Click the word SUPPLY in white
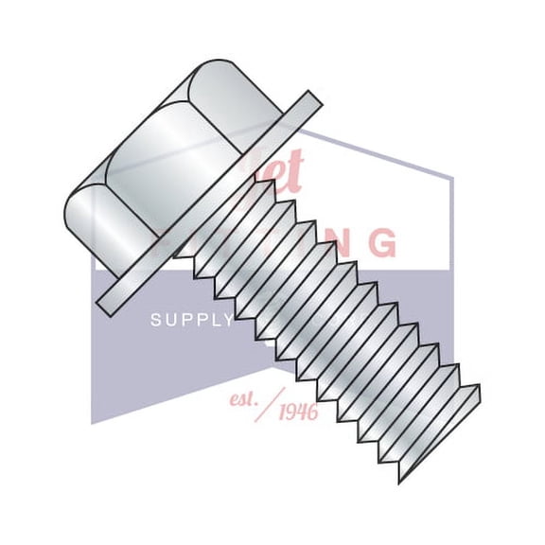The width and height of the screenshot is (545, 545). [192, 321]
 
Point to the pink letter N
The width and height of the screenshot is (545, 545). [340, 242]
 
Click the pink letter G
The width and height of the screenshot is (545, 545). [381, 243]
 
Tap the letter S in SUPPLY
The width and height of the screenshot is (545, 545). [156, 321]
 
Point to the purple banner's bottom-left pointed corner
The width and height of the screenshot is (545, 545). [92, 423]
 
